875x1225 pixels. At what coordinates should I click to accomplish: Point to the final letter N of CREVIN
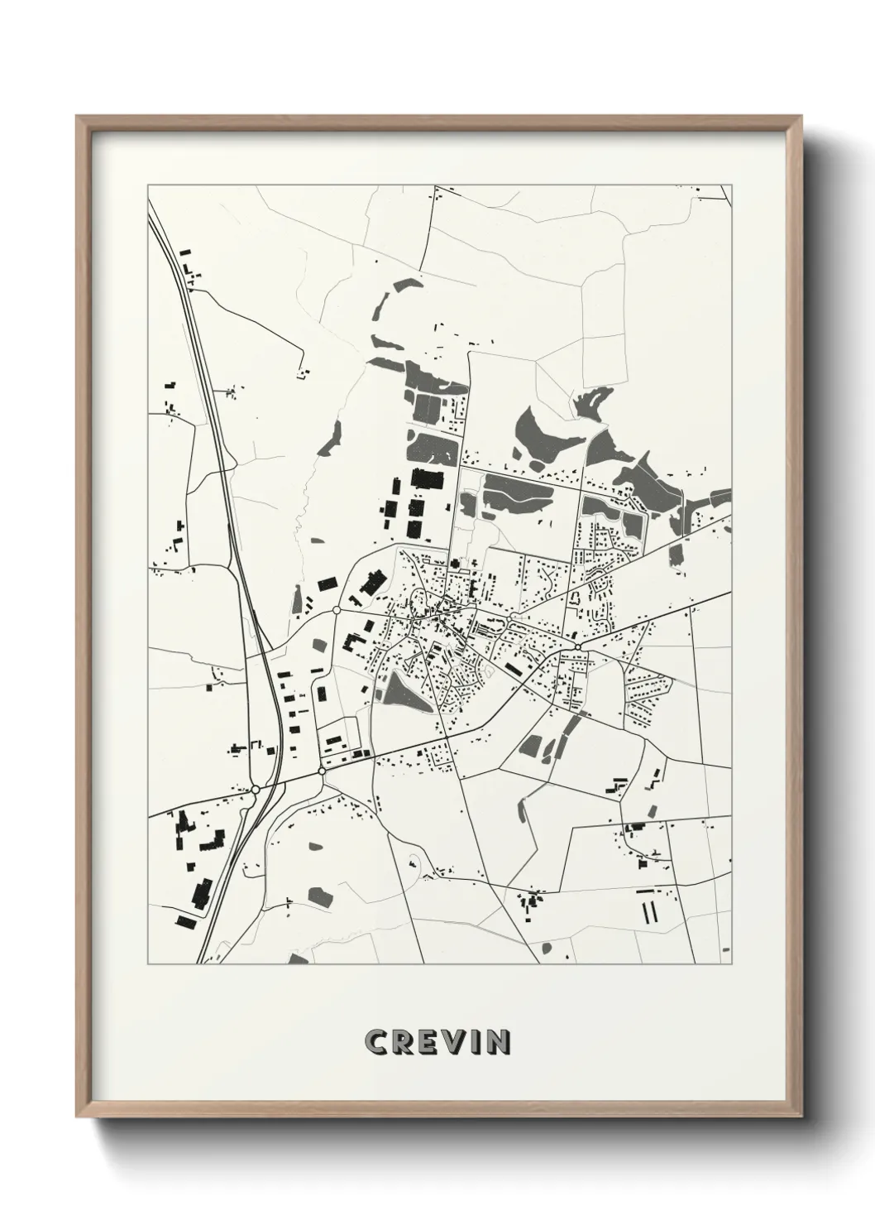coord(498,1043)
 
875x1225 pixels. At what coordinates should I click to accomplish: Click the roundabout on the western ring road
coord(337,610)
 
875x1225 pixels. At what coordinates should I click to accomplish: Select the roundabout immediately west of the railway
coord(256,790)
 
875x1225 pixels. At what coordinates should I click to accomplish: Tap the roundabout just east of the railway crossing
coord(322,771)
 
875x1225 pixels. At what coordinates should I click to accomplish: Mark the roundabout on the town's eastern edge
coord(576,646)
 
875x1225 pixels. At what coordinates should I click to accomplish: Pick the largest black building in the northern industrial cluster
coord(427,479)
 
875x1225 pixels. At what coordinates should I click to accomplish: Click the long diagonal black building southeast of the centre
coord(515,669)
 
